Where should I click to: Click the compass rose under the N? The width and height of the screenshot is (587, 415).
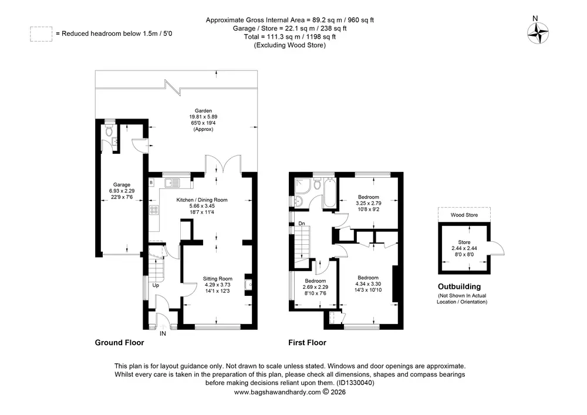click(538, 33)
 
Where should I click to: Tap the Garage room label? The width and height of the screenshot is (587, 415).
click(122, 184)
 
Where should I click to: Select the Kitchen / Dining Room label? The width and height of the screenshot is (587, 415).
click(202, 200)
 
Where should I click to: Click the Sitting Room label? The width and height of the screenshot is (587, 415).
click(218, 278)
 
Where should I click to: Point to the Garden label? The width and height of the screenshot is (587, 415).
click(203, 111)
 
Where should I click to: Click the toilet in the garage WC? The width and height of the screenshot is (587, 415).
click(109, 130)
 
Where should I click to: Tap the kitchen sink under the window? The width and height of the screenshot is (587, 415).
click(172, 183)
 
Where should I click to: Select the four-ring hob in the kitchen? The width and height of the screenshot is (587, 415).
click(153, 210)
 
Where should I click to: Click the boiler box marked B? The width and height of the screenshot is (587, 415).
click(151, 183)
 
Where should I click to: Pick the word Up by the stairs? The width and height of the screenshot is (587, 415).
click(156, 285)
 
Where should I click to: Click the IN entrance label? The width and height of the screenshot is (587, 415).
click(163, 333)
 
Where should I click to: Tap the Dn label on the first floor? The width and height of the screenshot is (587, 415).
click(302, 224)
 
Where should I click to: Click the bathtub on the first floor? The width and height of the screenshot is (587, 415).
click(329, 193)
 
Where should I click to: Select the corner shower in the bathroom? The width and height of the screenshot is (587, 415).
click(302, 186)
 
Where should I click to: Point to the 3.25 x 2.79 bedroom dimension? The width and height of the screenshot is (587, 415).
click(369, 203)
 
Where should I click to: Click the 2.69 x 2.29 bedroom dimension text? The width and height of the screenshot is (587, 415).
click(315, 287)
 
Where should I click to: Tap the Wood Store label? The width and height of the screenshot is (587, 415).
click(464, 215)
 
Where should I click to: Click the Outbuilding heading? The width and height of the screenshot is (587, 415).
click(460, 286)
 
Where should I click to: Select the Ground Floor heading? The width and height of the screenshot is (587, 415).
click(119, 342)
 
